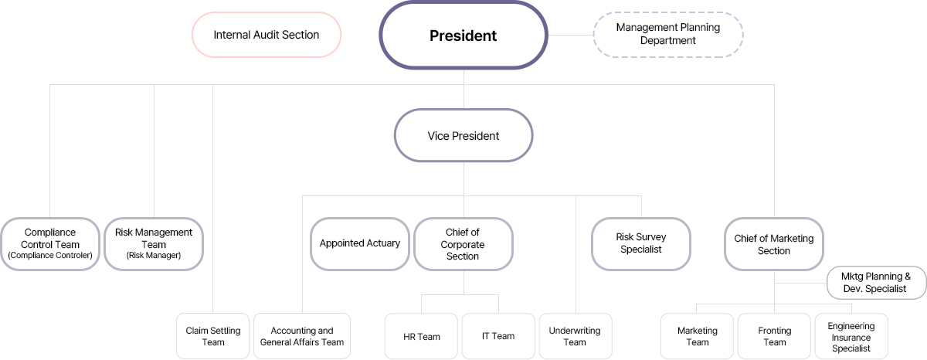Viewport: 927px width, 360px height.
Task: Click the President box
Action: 463,36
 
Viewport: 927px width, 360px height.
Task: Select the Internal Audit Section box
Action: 267,35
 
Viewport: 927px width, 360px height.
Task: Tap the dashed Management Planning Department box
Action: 667,34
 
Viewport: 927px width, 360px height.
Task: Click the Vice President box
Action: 463,136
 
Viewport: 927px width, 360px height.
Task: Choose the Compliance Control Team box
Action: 50,243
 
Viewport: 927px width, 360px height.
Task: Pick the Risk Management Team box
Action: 154,243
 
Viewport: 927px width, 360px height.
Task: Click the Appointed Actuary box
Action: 360,243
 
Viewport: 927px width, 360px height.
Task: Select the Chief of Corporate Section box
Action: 463,243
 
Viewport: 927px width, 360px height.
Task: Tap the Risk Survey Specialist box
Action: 641,243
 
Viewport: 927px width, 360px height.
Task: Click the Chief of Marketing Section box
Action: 774,243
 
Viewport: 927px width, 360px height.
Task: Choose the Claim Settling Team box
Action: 213,336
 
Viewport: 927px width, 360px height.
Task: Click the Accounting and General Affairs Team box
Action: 302,336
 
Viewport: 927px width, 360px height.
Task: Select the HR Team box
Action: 422,336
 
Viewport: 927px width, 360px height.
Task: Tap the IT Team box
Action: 498,336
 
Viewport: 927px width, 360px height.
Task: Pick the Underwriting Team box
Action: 575,336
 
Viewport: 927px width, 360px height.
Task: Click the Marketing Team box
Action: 698,336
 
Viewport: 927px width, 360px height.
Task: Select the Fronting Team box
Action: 775,336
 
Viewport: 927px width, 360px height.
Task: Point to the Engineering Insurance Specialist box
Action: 851,336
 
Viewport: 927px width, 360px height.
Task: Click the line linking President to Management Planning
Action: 570,35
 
